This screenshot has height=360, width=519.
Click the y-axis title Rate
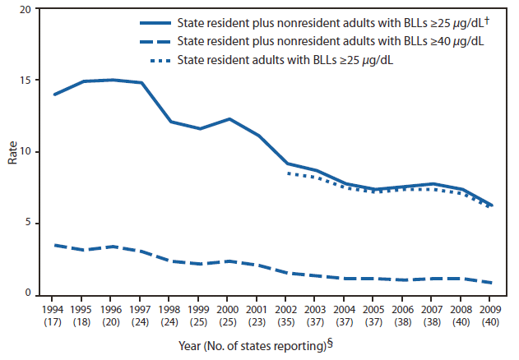13,153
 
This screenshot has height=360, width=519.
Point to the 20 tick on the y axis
27,9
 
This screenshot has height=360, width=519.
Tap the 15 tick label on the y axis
27,81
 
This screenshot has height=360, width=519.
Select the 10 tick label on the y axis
27,152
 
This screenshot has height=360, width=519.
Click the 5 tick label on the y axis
30,223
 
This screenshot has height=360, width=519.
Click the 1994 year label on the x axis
54,311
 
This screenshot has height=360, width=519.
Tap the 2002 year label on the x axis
285,311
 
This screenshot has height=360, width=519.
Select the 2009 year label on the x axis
491,311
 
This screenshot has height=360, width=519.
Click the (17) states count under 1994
54,322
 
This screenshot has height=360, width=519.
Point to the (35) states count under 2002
285,322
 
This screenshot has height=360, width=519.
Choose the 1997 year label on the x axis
141,311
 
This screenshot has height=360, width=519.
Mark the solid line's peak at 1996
113,80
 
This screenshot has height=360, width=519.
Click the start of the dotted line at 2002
286,173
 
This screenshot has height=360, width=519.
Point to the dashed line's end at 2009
492,283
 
